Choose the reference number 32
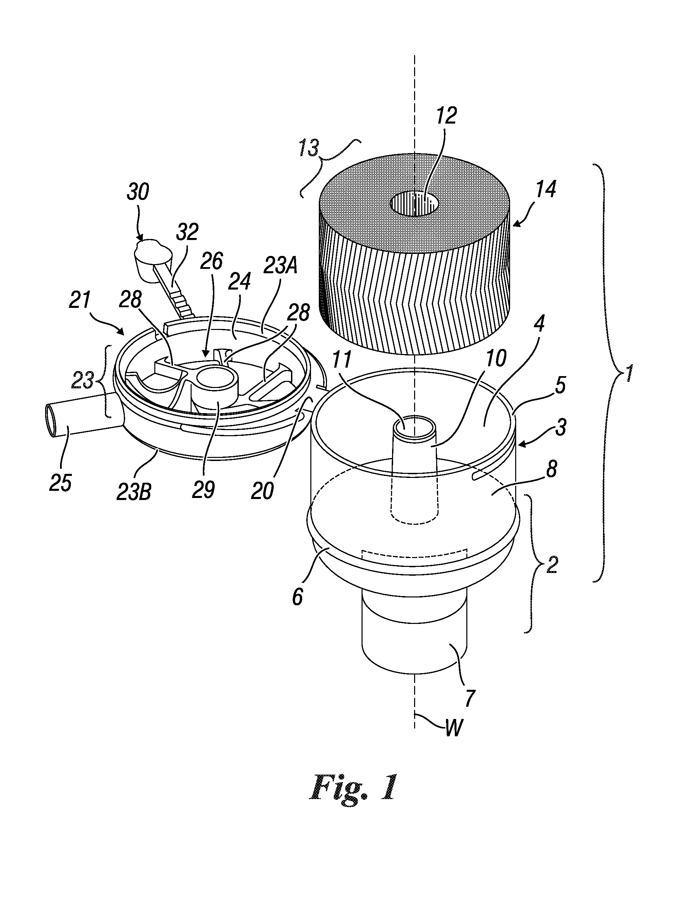tap(188, 233)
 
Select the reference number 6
tap(298, 598)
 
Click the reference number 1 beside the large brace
tap(629, 373)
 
